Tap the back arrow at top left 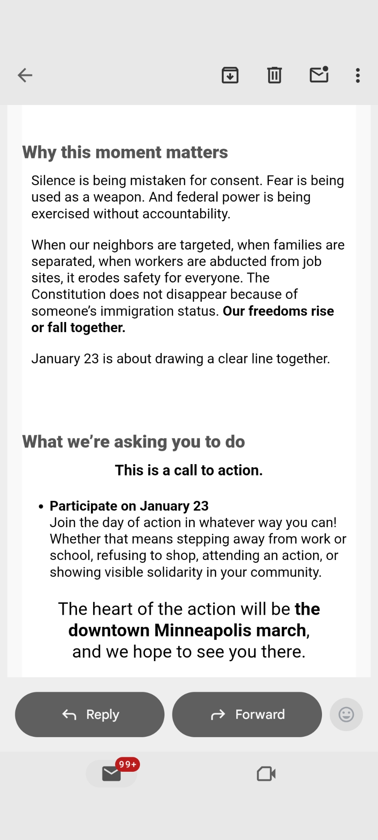point(25,75)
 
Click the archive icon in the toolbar point(230,75)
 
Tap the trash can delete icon point(274,75)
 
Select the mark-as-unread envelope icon point(319,75)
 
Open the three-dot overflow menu point(358,75)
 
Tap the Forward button point(247,714)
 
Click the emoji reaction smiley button point(346,714)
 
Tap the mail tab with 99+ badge point(112,773)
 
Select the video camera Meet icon point(266,773)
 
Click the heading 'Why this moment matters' point(125,152)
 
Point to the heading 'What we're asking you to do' point(133,442)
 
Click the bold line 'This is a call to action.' point(189,470)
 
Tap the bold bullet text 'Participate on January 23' point(129,506)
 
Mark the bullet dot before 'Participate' point(41,507)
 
